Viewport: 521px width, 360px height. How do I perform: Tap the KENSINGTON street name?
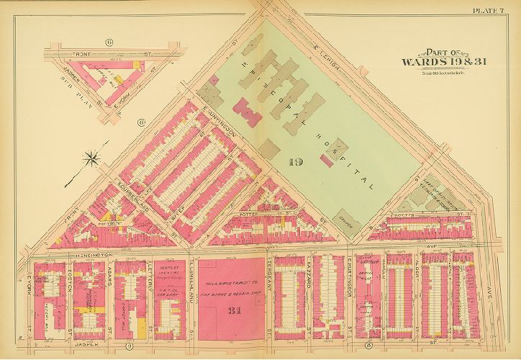[90, 255]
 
